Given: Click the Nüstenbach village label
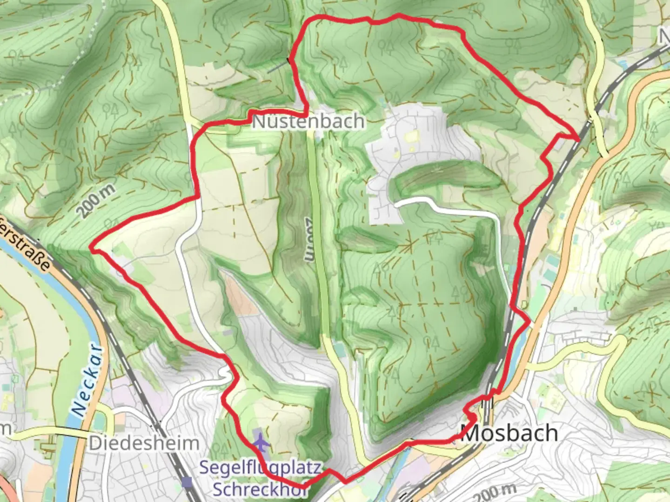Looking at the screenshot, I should pos(308,122).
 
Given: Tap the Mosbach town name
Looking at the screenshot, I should pos(509,433).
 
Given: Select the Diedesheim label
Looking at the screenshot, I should pos(144,443).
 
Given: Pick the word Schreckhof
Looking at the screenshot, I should pos(260,489).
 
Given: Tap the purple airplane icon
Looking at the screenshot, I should pos(261,442).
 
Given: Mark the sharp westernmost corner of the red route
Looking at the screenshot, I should pos(93,250).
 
